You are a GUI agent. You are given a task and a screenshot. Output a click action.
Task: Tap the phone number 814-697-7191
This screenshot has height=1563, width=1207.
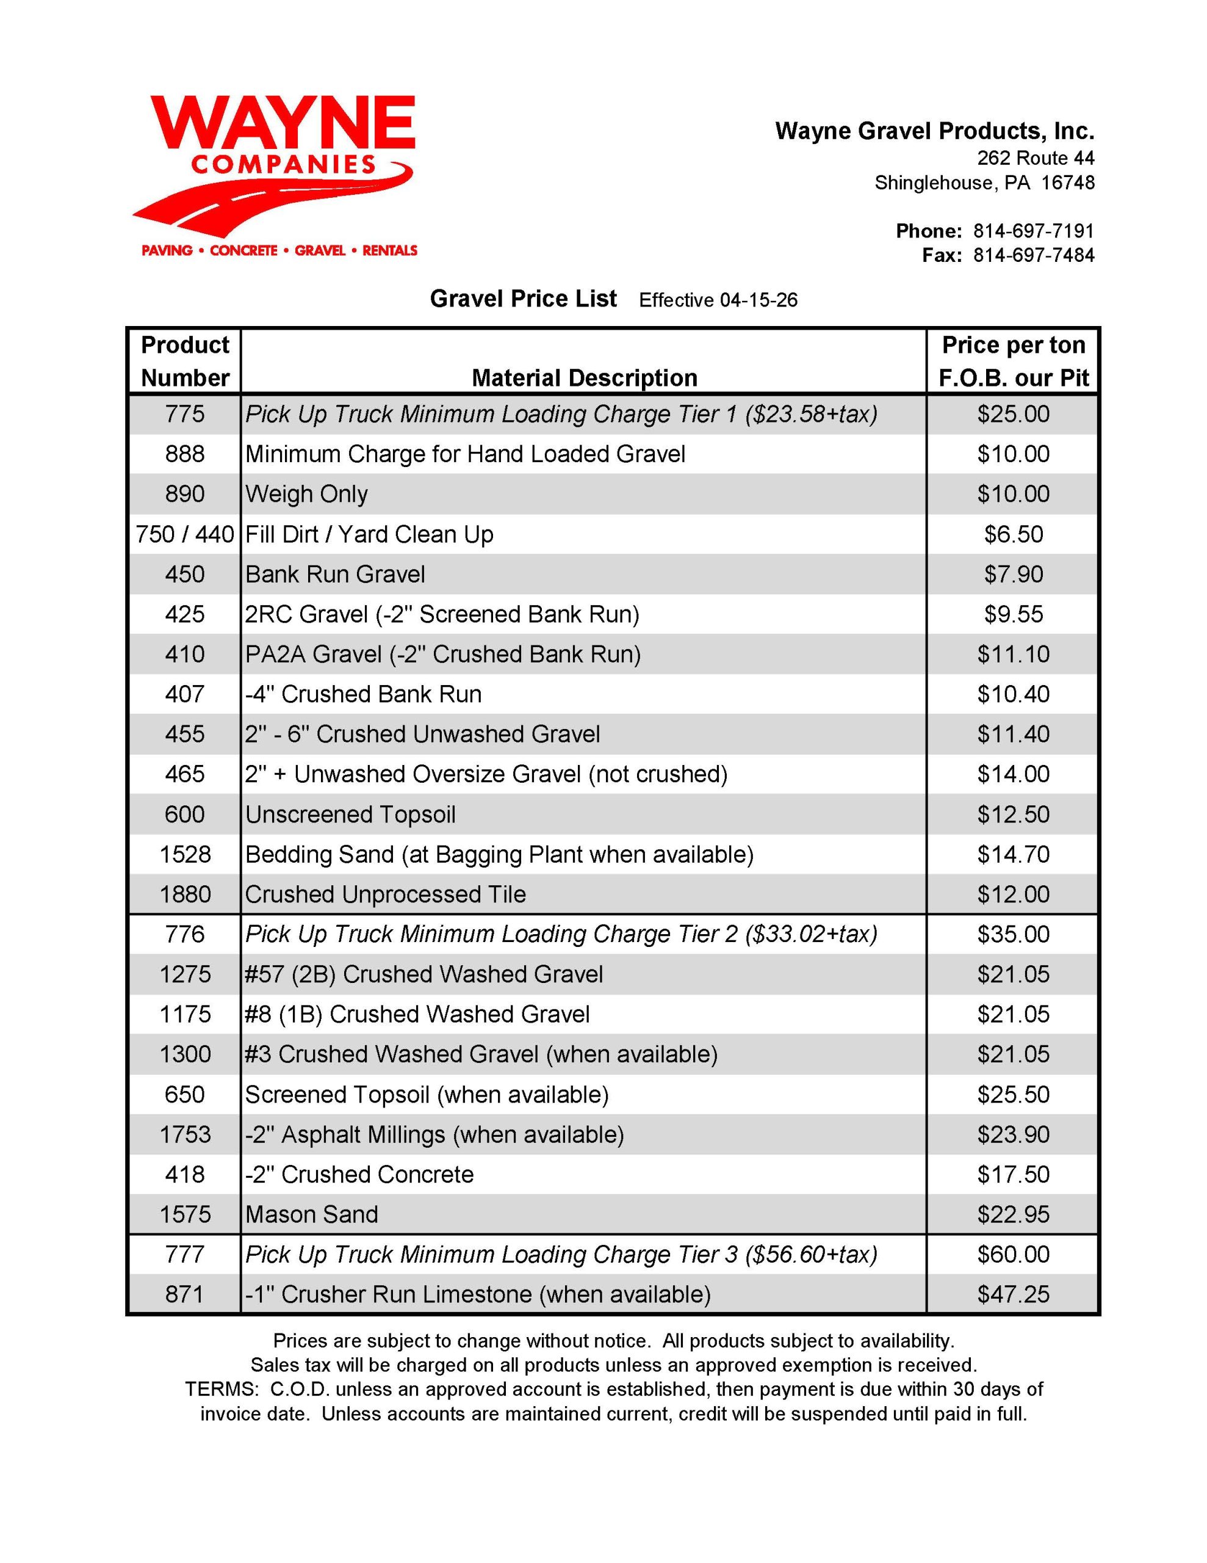click(1033, 231)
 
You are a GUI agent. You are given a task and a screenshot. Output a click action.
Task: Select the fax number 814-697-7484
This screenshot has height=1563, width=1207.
click(1033, 255)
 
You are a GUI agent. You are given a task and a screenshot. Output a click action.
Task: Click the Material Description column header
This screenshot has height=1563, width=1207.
click(584, 378)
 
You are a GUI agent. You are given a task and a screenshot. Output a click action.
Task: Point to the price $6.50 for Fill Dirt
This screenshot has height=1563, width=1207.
click(1013, 534)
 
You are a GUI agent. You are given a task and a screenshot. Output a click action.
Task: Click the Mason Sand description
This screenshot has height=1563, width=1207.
click(311, 1214)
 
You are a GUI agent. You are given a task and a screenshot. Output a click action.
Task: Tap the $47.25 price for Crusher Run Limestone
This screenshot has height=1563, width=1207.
click(1013, 1294)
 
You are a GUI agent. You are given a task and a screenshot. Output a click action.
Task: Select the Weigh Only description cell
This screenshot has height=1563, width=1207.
click(306, 494)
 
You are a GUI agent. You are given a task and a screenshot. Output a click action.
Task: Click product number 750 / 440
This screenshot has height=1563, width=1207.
click(186, 534)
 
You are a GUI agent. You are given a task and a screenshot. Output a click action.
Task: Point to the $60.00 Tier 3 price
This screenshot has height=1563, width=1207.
click(1013, 1254)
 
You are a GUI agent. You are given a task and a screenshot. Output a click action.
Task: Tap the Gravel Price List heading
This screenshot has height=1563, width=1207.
click(523, 299)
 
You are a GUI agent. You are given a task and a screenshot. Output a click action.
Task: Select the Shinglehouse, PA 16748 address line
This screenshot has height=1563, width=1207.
click(984, 183)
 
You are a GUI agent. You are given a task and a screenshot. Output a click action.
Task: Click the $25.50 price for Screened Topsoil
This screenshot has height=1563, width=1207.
click(1013, 1094)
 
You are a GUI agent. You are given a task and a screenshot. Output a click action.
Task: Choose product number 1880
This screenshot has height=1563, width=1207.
click(186, 894)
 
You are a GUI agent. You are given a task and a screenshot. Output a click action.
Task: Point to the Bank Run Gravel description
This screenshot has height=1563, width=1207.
click(335, 574)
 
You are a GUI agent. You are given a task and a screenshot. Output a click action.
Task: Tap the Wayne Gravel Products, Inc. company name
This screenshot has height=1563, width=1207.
click(934, 132)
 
